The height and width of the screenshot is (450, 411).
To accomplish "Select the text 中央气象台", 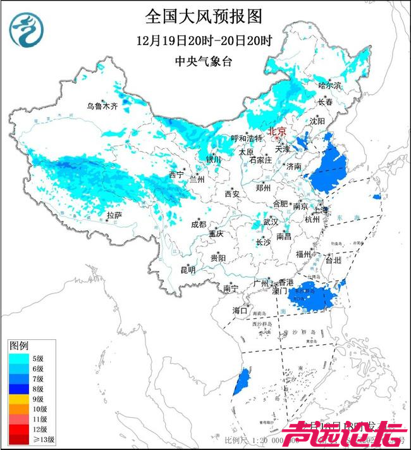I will pos(203,62).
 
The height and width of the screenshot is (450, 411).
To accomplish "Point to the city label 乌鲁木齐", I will pos(102,106).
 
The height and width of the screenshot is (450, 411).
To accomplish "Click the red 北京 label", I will pos(278,132).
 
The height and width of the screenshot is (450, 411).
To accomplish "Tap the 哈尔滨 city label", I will pos(329,85).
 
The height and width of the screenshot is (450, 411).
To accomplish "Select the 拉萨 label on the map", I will pos(114,216).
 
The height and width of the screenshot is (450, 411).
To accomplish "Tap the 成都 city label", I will pos(198,224).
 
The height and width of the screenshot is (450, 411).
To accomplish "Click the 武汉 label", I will pos(271,222).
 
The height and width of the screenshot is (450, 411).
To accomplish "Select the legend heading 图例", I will pos(18,347).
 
